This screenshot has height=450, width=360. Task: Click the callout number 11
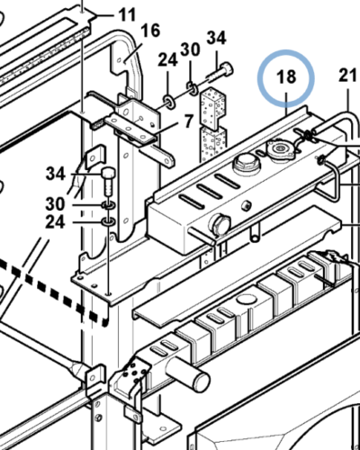click(127, 15)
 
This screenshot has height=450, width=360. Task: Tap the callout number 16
click(150, 31)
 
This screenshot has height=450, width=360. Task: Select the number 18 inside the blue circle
click(286, 76)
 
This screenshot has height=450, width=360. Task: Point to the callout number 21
click(347, 75)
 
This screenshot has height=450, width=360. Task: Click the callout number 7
click(188, 121)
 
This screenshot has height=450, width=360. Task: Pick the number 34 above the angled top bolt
click(216, 39)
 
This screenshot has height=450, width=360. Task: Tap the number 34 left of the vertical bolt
click(56, 174)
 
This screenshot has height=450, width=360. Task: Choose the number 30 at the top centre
click(190, 49)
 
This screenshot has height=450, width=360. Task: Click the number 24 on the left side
click(55, 222)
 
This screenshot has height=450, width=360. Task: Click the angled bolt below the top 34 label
click(220, 73)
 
